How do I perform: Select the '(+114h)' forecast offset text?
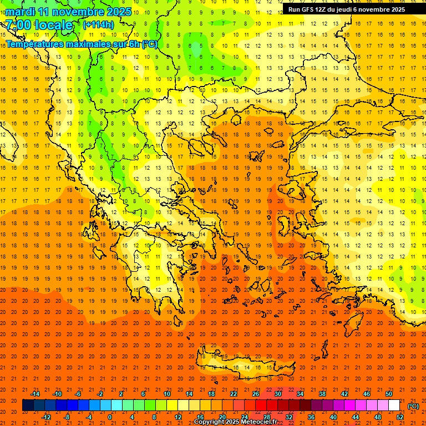[98, 24]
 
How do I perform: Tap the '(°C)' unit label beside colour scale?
[413, 406]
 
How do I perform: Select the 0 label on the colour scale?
[110, 417]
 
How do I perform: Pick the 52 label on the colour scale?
[399, 417]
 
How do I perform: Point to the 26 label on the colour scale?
[256, 394]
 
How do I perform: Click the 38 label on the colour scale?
[322, 394]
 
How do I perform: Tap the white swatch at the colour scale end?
[394, 405]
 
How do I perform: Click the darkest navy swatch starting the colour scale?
[28, 405]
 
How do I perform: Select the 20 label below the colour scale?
[222, 417]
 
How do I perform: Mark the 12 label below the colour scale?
[177, 417]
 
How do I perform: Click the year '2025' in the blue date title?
[119, 12]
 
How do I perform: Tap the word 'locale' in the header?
[54, 25]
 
